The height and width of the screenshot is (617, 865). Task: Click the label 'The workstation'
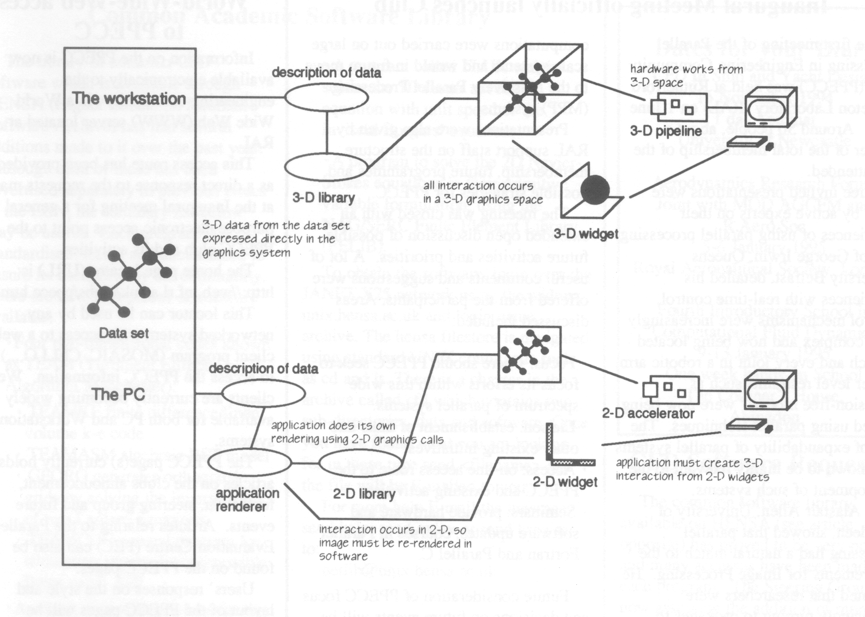point(129,98)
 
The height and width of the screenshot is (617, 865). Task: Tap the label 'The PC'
point(119,394)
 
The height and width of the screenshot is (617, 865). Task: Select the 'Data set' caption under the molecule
point(124,333)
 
